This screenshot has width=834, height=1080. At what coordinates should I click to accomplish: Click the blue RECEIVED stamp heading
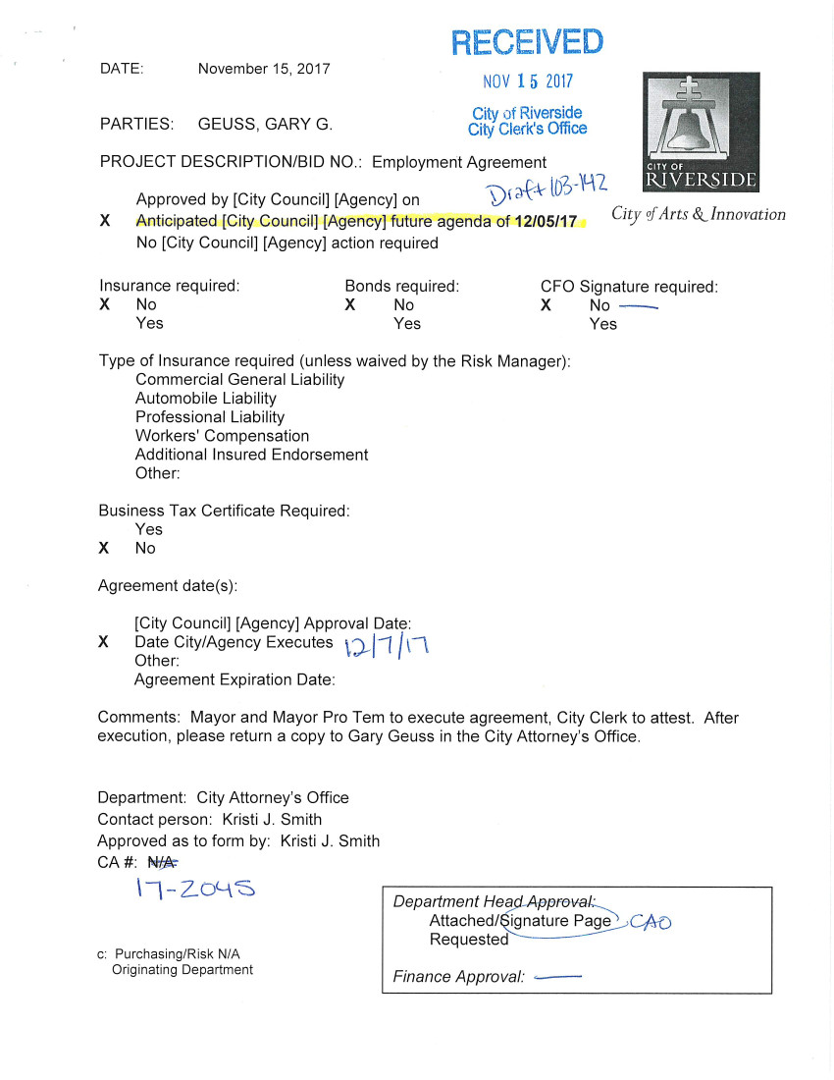[x=527, y=42]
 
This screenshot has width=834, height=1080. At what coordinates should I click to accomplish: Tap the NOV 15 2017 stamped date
[x=527, y=81]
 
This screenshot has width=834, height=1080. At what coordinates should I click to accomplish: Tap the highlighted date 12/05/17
[x=549, y=223]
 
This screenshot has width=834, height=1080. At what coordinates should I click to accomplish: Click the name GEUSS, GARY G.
[x=265, y=125]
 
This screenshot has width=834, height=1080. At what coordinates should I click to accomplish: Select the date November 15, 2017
[x=264, y=69]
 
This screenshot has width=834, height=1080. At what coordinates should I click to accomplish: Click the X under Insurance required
[x=105, y=305]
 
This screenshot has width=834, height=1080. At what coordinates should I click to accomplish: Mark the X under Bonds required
[x=350, y=305]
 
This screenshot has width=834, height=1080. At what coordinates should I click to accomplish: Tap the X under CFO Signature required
[x=547, y=305]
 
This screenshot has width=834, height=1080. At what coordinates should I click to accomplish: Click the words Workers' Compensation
[x=222, y=436]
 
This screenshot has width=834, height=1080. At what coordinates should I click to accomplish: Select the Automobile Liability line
[x=206, y=399]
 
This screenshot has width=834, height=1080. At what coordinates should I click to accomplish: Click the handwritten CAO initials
[x=651, y=922]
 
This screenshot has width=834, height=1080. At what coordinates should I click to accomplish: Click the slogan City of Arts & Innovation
[x=699, y=214]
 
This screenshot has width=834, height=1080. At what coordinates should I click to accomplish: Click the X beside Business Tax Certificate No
[x=105, y=549]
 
